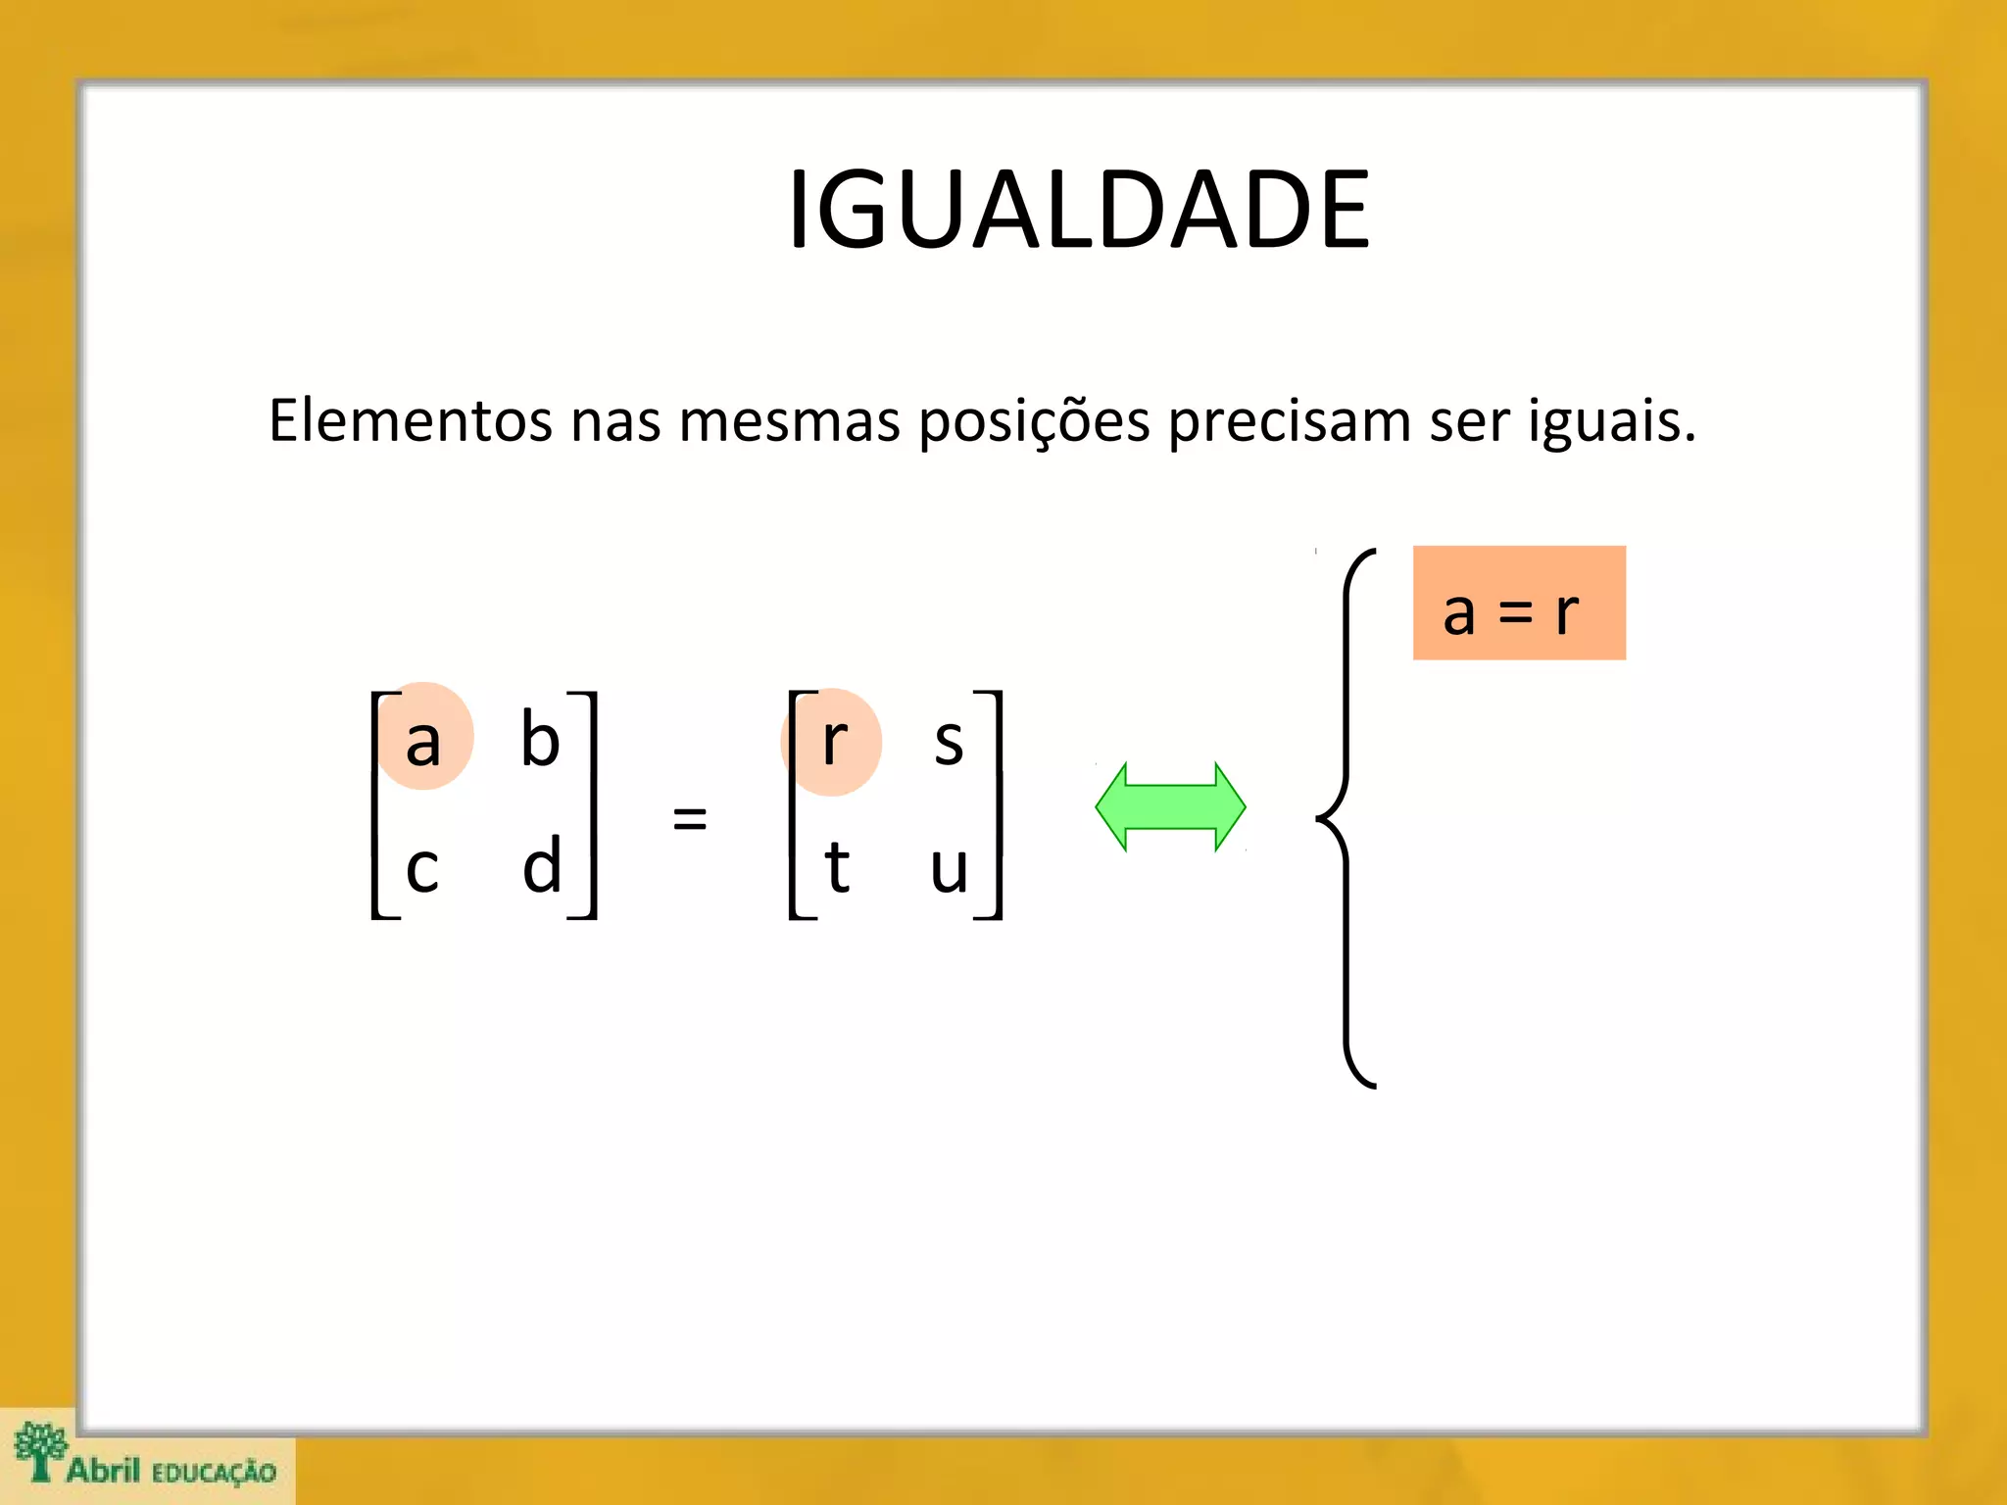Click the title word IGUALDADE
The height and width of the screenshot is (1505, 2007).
click(x=1079, y=210)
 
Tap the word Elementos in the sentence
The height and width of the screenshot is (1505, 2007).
click(x=411, y=421)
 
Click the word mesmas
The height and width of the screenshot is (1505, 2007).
click(x=789, y=421)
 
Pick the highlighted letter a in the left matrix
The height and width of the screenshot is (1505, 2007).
click(x=423, y=741)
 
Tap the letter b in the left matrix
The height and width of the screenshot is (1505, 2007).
click(x=540, y=739)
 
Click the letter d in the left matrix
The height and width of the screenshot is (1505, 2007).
click(x=542, y=866)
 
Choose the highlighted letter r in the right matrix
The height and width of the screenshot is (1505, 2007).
click(x=834, y=741)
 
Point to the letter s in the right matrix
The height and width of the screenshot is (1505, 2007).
click(x=949, y=742)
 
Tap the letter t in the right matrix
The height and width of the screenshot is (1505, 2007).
click(x=836, y=868)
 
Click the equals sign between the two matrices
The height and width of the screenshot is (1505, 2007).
click(x=690, y=817)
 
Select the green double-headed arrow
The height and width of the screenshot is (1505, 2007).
click(x=1170, y=806)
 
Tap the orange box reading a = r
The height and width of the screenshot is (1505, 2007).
click(x=1519, y=604)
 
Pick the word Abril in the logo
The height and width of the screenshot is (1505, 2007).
click(x=103, y=1470)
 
